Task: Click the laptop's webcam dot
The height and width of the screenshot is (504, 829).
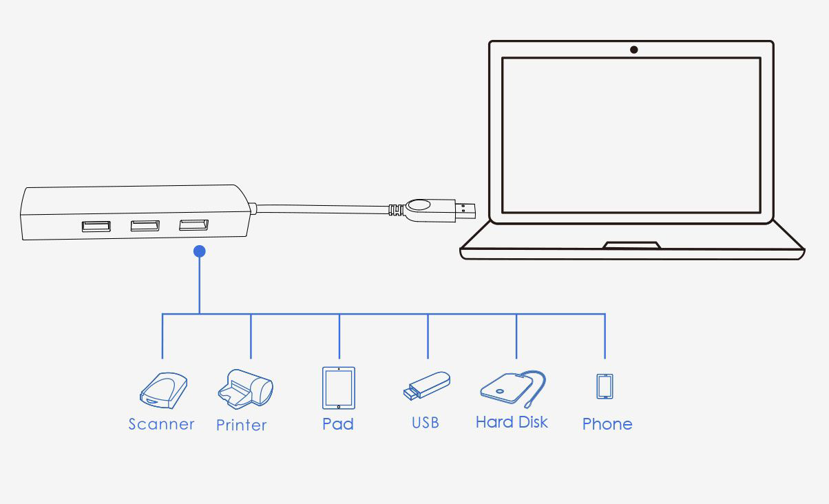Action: point(633,50)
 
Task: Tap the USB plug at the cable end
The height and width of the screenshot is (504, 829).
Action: point(441,210)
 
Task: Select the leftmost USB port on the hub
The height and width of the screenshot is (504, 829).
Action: point(96,226)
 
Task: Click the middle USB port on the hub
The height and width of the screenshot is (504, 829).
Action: point(145,225)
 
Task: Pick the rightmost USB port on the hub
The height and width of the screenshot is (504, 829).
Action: point(194,224)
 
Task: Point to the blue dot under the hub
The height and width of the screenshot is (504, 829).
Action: point(200,251)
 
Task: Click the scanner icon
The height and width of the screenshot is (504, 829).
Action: point(164,390)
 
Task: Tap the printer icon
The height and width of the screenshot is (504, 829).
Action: point(245,389)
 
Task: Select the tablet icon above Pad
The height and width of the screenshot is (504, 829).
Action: point(339,388)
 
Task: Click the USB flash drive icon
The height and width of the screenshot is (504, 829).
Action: point(427,386)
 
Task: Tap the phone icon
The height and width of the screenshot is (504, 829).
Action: point(605,386)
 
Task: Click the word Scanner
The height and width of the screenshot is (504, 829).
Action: point(161,424)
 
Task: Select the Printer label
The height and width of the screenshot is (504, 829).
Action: point(241,426)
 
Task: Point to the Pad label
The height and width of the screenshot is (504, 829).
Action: point(338,424)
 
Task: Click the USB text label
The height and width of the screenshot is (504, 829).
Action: point(426,423)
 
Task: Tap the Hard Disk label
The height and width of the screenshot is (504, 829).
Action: point(512,422)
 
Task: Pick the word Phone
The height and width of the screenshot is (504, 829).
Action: point(607,424)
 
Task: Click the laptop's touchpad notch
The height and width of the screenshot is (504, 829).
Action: point(632,245)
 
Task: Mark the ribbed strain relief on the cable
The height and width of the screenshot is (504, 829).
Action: point(397,210)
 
